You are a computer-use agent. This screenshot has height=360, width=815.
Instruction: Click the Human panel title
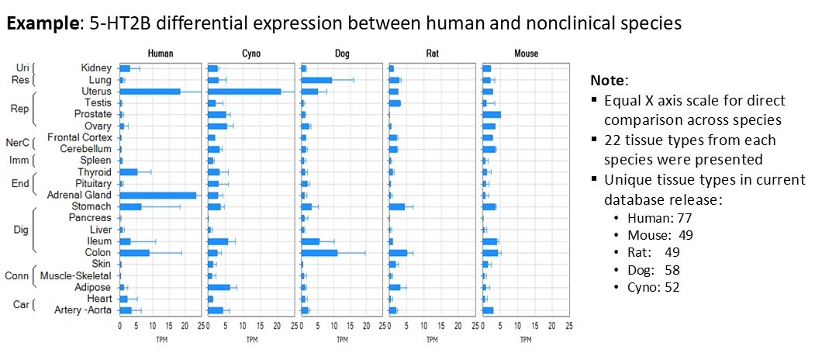(161, 54)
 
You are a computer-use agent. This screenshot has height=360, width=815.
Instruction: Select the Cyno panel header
(251, 54)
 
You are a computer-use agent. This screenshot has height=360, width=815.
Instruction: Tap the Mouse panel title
(526, 54)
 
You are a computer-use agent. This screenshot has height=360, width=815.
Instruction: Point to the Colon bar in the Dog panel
(319, 253)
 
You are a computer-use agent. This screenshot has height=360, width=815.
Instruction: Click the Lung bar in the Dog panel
(316, 80)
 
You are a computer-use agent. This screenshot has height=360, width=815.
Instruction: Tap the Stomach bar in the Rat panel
(397, 206)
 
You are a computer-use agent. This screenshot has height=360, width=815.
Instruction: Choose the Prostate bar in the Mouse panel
(492, 114)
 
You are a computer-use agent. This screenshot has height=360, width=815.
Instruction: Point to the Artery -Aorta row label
(81, 310)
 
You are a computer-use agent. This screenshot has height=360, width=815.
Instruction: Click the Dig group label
(21, 230)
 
